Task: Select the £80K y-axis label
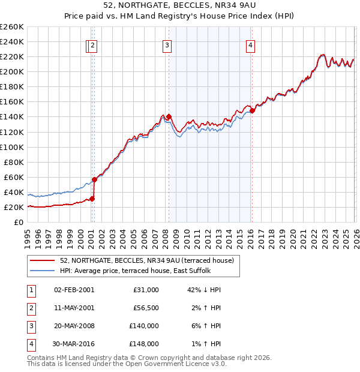pos(13,162)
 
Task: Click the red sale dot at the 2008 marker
pos(169,116)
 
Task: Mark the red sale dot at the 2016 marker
pos(253,110)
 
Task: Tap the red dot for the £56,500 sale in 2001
pos(95,179)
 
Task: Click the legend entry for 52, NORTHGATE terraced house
pos(150,260)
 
